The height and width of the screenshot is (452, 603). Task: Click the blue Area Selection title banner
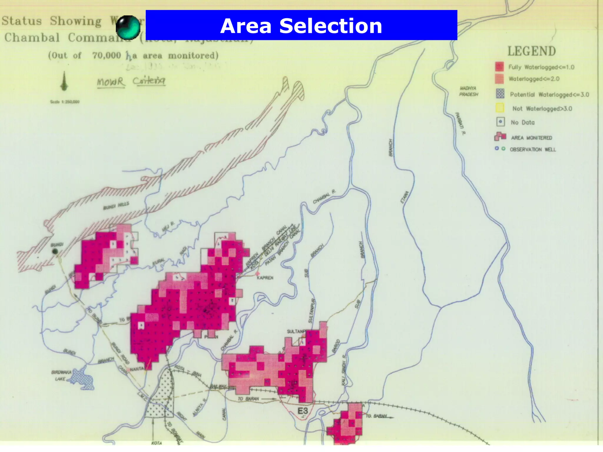pyautogui.click(x=301, y=25)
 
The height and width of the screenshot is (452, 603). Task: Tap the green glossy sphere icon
pyautogui.click(x=128, y=27)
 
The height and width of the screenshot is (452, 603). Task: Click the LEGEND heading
pyautogui.click(x=531, y=51)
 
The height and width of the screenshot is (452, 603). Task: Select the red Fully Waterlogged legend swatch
pyautogui.click(x=499, y=67)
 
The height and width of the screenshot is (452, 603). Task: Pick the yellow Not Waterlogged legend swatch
pyautogui.click(x=500, y=108)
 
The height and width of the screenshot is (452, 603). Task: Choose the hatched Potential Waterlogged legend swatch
pyautogui.click(x=500, y=94)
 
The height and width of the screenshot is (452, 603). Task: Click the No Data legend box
pyautogui.click(x=500, y=122)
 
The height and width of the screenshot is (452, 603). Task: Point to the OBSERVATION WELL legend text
pyautogui.click(x=533, y=149)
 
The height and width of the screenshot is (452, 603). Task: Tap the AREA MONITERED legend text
pyautogui.click(x=531, y=138)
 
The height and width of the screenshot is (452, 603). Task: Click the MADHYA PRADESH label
pyautogui.click(x=468, y=91)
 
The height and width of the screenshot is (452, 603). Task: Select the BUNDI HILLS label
pyautogui.click(x=116, y=206)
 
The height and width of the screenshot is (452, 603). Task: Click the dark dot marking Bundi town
pyautogui.click(x=55, y=251)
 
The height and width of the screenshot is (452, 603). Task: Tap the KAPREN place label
pyautogui.click(x=265, y=277)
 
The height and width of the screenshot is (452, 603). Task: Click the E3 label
pyautogui.click(x=302, y=411)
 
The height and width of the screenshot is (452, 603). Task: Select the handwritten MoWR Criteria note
pyautogui.click(x=131, y=81)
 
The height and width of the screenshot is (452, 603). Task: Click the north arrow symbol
pyautogui.click(x=64, y=82)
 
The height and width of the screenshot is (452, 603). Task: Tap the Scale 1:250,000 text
pyautogui.click(x=64, y=102)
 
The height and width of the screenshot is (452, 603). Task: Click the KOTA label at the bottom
pyautogui.click(x=156, y=443)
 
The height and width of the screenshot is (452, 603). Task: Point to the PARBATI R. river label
pyautogui.click(x=460, y=124)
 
